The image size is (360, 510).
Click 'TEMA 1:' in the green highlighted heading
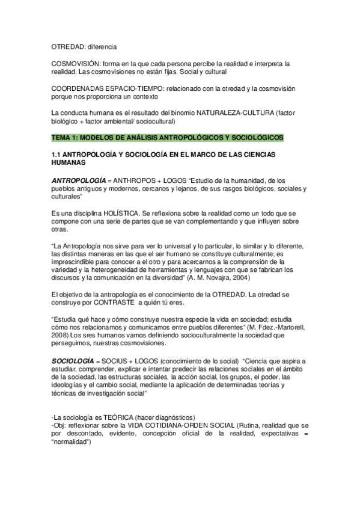coord(65,138)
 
